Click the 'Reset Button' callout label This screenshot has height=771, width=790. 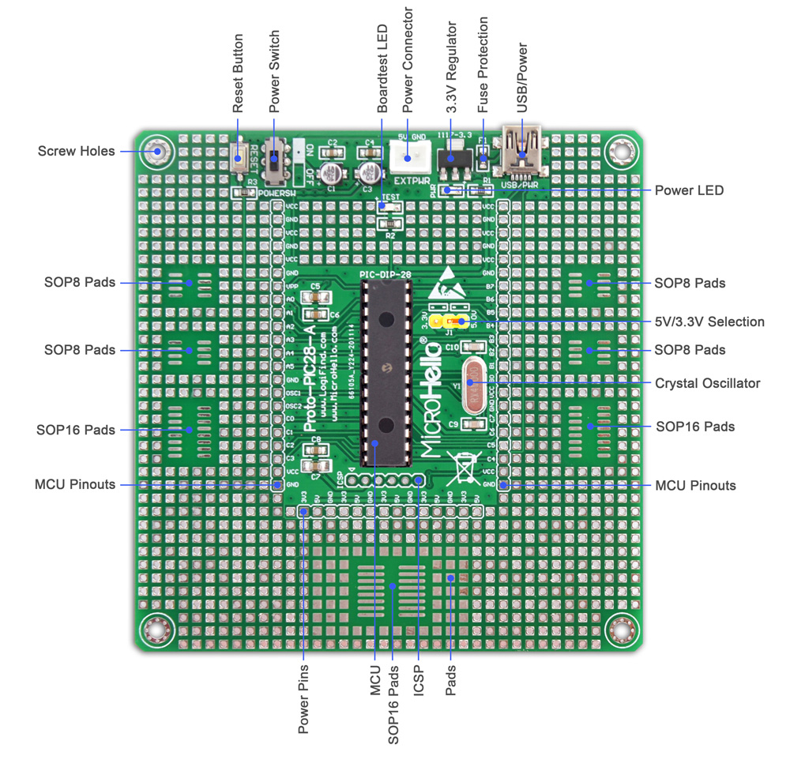(239, 72)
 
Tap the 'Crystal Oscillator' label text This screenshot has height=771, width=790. (707, 383)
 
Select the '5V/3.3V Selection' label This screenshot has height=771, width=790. (709, 322)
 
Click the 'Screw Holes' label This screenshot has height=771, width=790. (76, 151)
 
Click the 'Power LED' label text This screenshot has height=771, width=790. (689, 190)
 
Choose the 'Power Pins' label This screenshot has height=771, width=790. (303, 699)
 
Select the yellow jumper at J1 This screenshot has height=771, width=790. (453, 322)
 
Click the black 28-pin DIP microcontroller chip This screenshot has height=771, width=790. (386, 371)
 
